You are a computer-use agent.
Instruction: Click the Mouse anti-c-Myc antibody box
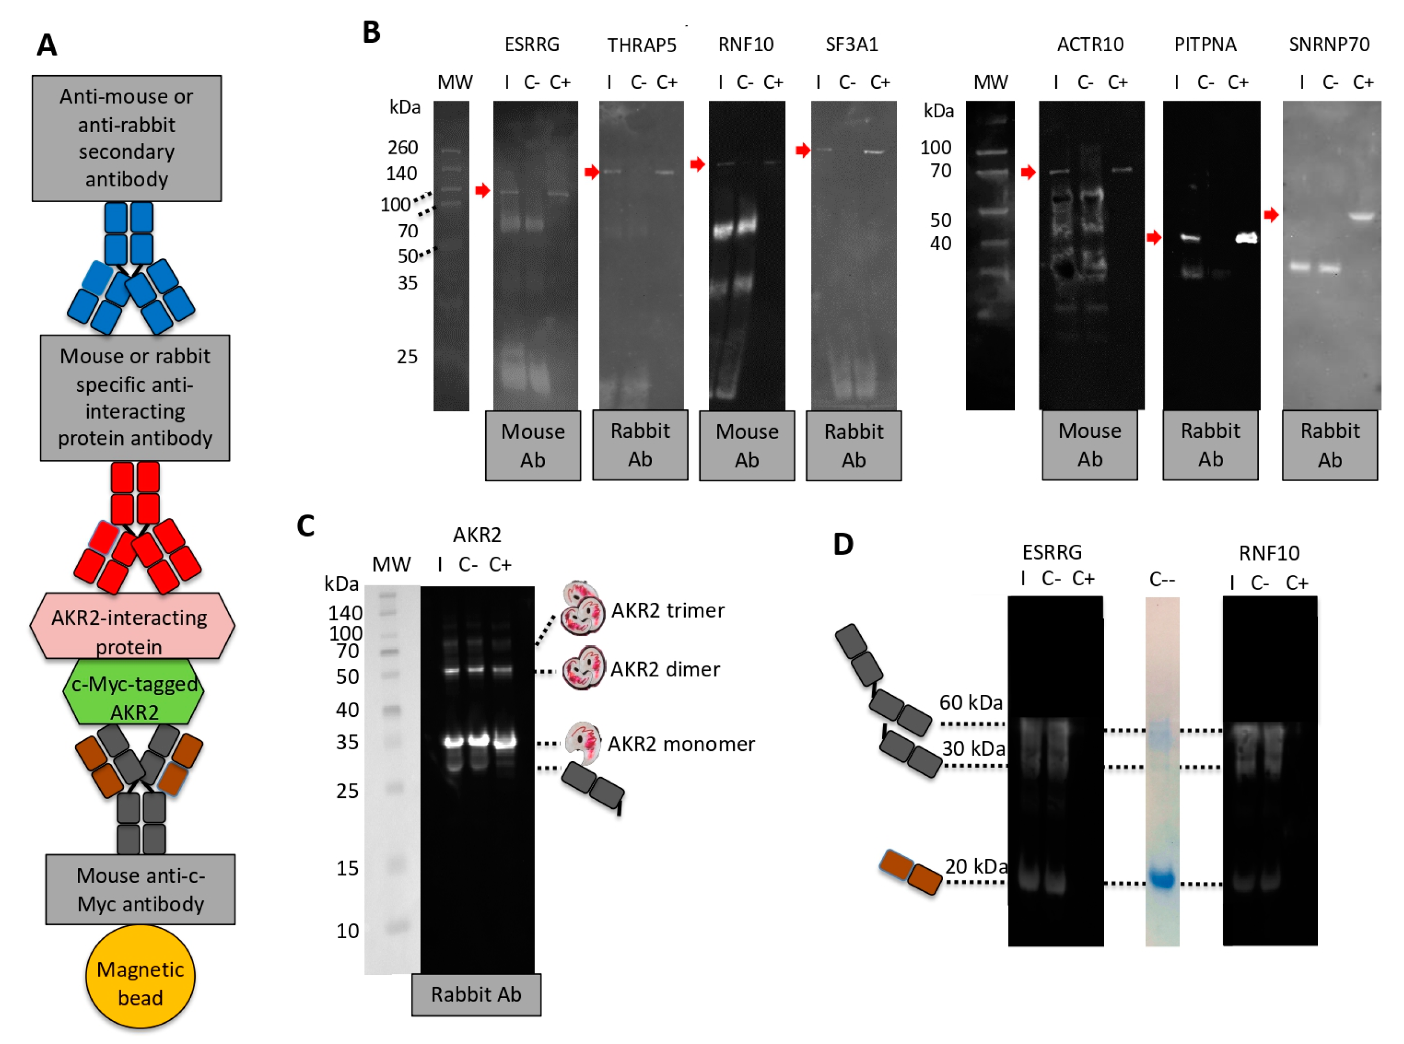click(140, 889)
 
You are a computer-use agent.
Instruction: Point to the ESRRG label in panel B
click(532, 44)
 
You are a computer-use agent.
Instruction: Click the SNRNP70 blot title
click(1329, 44)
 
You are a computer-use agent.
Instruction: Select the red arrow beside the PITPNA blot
click(1153, 238)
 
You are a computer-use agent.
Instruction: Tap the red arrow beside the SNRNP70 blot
click(1271, 215)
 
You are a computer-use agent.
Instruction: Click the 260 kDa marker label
click(403, 147)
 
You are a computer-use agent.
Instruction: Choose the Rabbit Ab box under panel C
click(476, 994)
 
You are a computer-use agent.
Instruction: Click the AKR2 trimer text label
click(668, 611)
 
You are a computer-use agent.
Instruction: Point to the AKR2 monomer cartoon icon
click(582, 743)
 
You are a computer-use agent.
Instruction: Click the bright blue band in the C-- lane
click(1162, 878)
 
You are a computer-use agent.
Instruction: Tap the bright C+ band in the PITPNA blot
click(1246, 238)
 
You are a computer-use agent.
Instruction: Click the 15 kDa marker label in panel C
click(347, 868)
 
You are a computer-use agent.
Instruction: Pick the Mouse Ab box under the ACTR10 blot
click(1089, 446)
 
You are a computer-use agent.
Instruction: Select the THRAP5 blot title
click(641, 45)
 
